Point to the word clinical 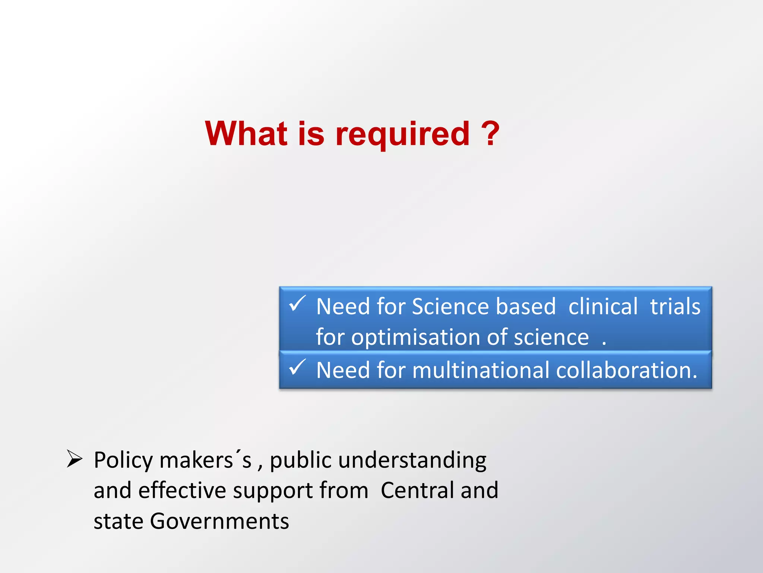(x=603, y=307)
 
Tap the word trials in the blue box (x=675, y=307)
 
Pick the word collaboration (x=626, y=370)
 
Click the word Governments (x=219, y=521)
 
